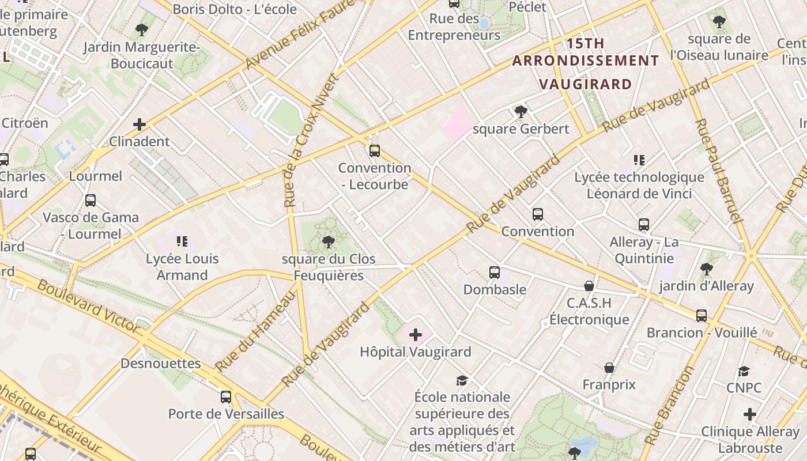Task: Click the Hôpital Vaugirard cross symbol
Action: [416, 335]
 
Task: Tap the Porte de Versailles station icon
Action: [226, 397]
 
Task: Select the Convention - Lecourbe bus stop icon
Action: [375, 151]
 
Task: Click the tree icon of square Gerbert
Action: [521, 112]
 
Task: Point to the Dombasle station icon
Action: [495, 273]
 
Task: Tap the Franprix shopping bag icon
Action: [609, 368]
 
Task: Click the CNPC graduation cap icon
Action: [744, 371]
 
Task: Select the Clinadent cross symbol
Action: [139, 124]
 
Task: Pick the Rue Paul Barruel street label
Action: [717, 171]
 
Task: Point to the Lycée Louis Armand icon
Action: [182, 241]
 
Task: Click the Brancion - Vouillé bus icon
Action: [702, 316]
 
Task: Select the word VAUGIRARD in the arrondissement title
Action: [586, 84]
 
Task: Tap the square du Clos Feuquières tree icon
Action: [329, 242]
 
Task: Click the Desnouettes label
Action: [161, 364]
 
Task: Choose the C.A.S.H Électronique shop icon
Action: [589, 286]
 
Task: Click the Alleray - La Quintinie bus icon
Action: [644, 225]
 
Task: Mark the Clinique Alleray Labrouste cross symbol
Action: [750, 414]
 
